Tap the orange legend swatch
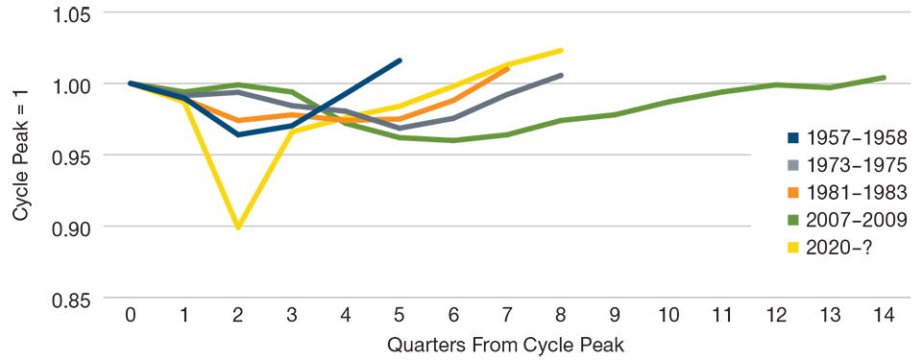[778, 192]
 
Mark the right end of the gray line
[569, 69]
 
